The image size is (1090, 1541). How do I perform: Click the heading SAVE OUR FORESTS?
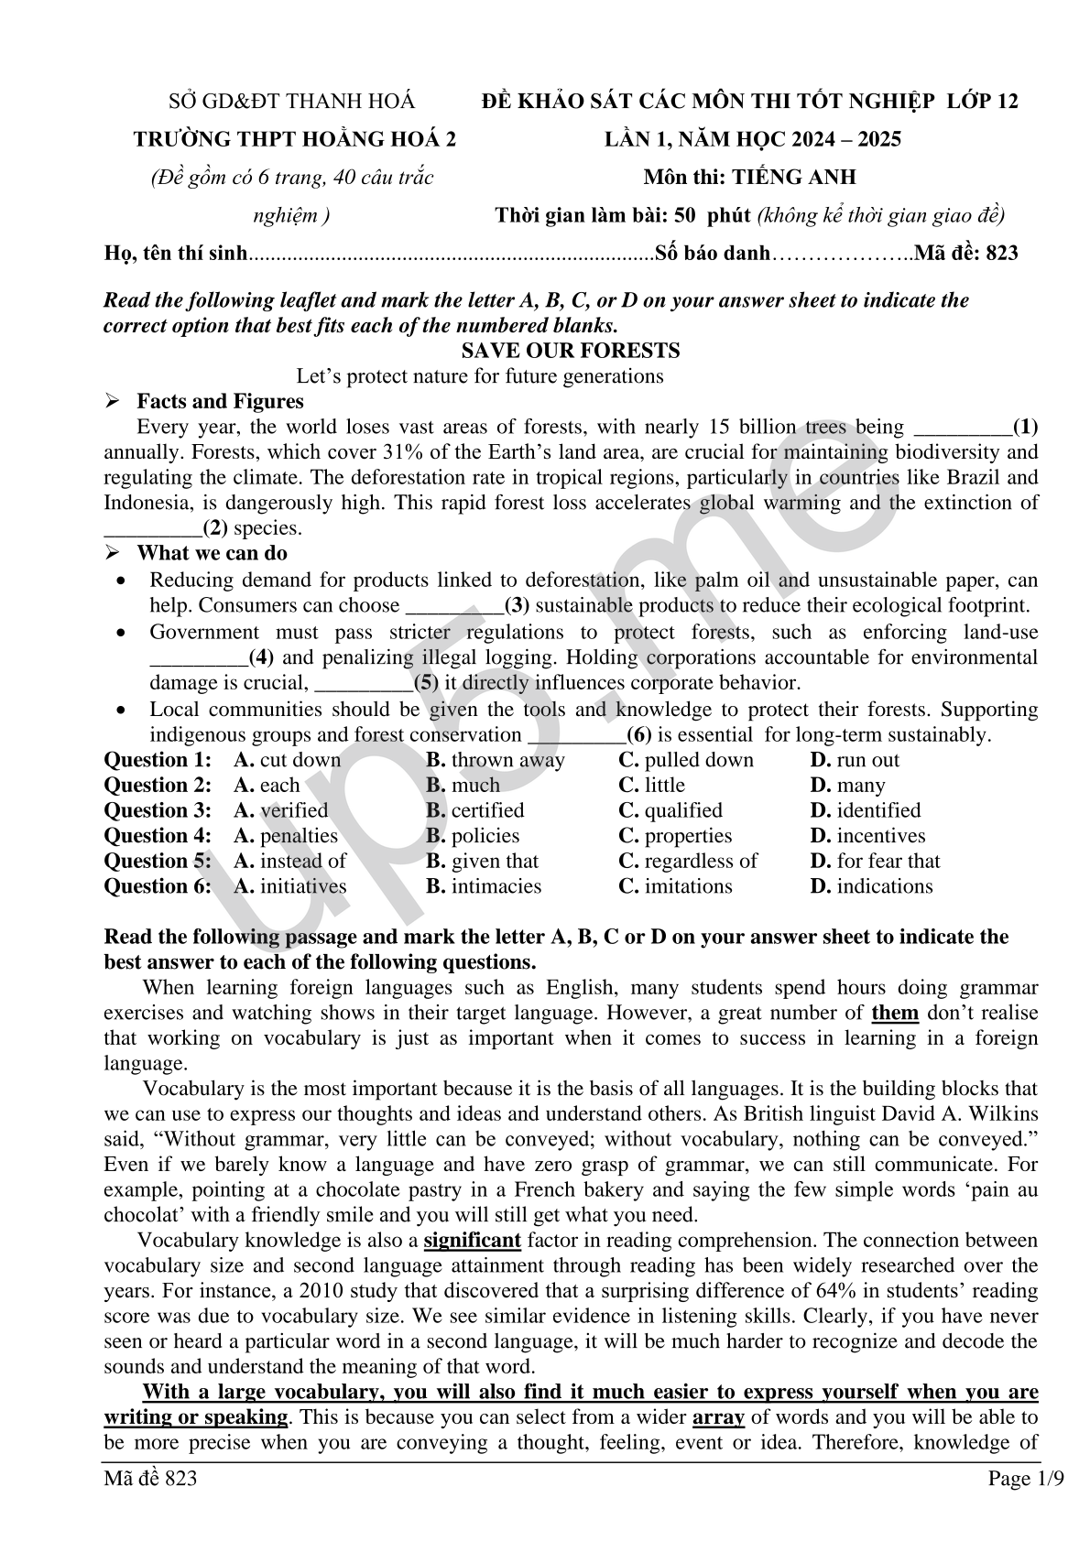pos(570,351)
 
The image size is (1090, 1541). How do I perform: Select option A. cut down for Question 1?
pos(287,760)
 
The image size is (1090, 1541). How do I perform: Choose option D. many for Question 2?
pos(847,786)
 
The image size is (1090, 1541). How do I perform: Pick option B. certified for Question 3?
pos(474,810)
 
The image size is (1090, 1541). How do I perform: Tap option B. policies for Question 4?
pos(472,836)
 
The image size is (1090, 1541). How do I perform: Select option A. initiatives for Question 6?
pos(289,886)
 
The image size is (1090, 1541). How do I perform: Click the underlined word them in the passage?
pos(895,1013)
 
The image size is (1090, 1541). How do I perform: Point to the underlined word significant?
pos(473,1241)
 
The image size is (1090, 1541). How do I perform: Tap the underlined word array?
pos(717,1417)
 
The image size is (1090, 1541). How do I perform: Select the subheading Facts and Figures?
pos(220,401)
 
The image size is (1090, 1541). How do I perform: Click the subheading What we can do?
pos(212,553)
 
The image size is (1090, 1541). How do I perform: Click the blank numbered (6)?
pos(578,735)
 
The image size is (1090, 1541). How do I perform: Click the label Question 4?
pos(158,836)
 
